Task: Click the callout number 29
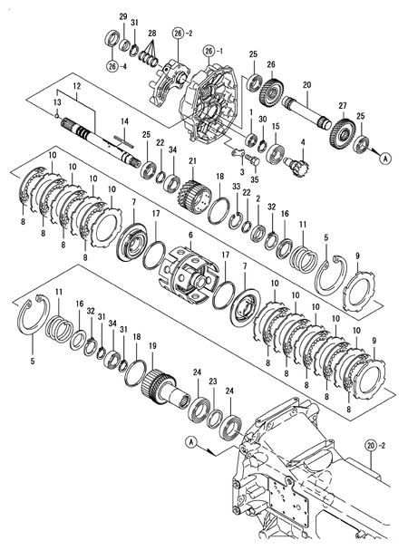[123, 17]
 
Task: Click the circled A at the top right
[384, 158]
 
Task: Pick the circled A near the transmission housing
[191, 441]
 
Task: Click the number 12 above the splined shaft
[77, 85]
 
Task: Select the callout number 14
[124, 121]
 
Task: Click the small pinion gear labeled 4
[296, 166]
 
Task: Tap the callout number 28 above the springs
[151, 34]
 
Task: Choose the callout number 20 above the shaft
[306, 84]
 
